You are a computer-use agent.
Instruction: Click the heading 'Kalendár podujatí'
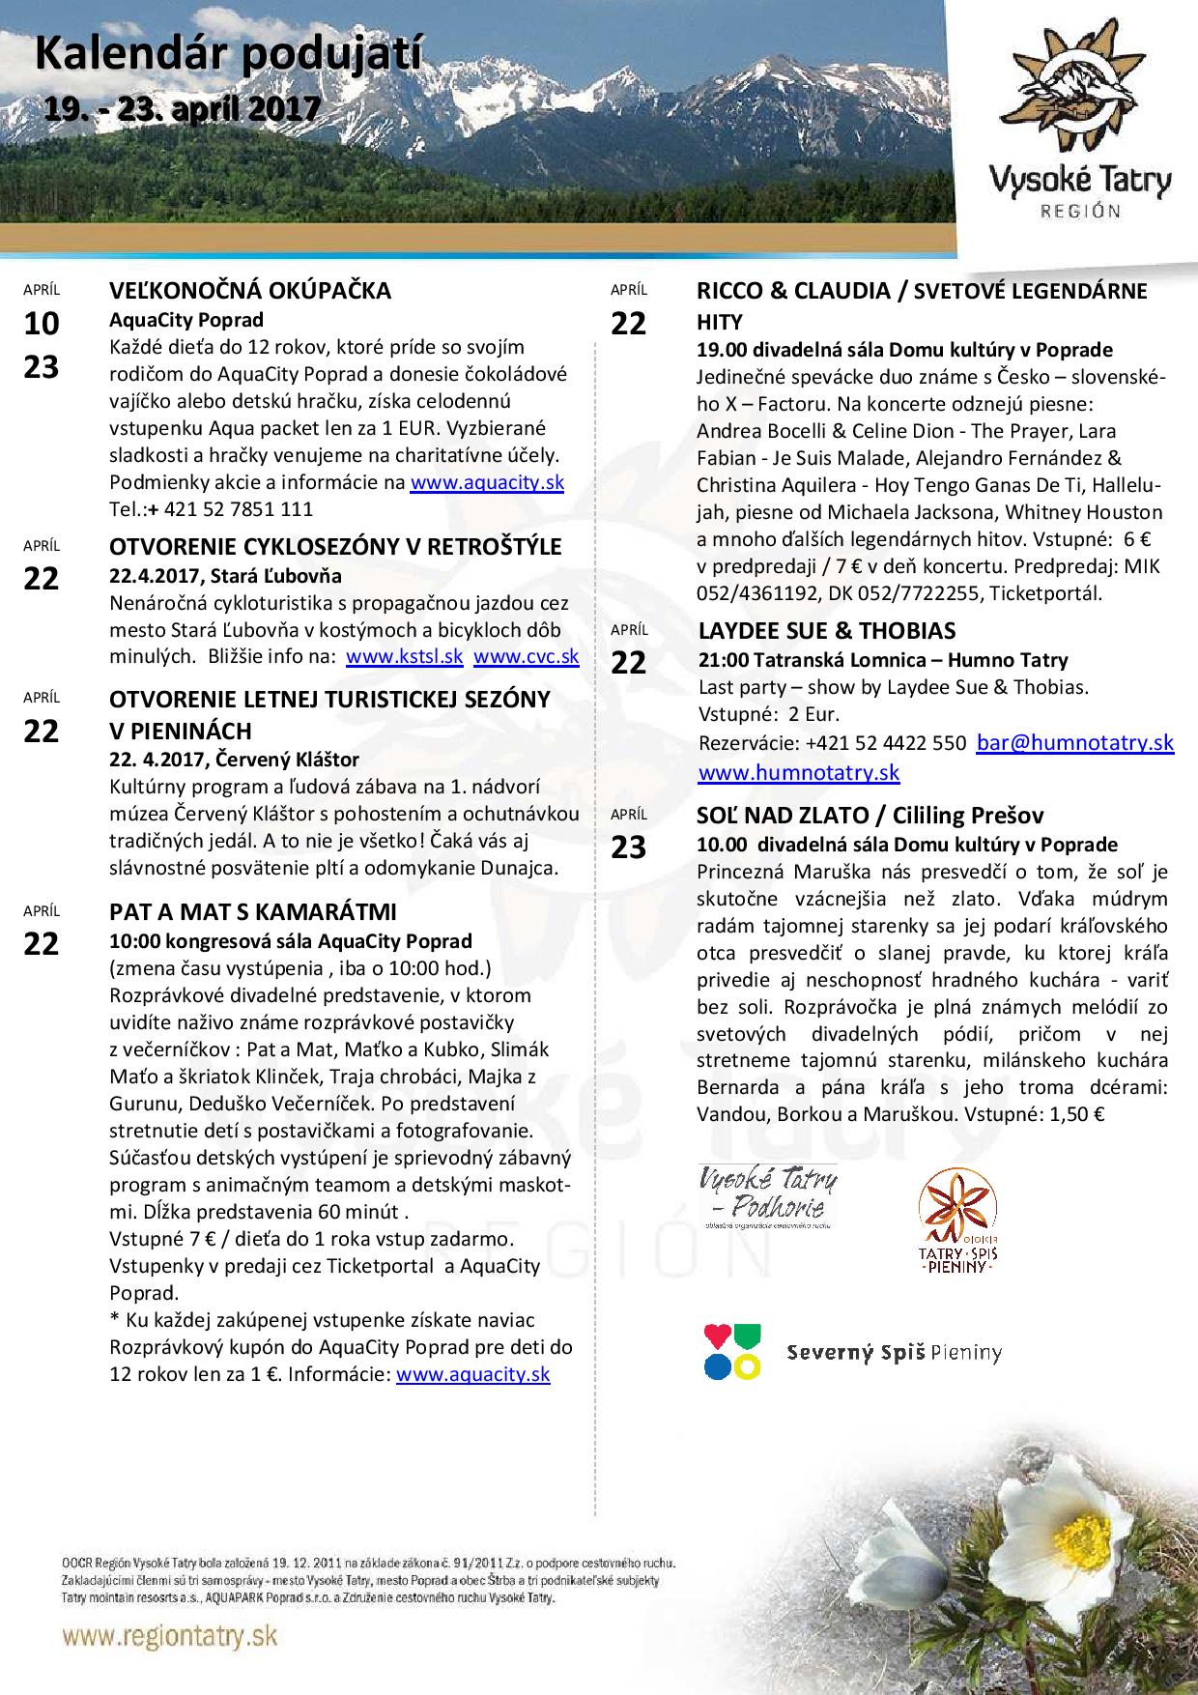(x=228, y=56)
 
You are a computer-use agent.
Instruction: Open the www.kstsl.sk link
(x=404, y=657)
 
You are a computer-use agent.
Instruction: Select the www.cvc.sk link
(x=526, y=657)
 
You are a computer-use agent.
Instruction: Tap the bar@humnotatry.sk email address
(x=1074, y=743)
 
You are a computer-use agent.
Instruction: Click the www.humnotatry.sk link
(x=798, y=773)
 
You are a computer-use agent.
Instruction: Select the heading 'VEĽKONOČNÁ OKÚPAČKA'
(x=250, y=291)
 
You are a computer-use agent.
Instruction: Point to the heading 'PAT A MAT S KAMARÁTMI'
(x=253, y=912)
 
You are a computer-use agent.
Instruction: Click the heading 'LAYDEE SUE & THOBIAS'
(x=826, y=631)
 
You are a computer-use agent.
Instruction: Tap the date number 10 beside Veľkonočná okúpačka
(x=41, y=324)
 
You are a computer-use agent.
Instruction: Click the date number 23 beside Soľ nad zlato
(x=628, y=847)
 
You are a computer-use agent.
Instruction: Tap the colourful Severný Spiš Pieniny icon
(x=732, y=1352)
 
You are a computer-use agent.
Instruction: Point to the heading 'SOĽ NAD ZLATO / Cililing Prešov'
(x=870, y=816)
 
